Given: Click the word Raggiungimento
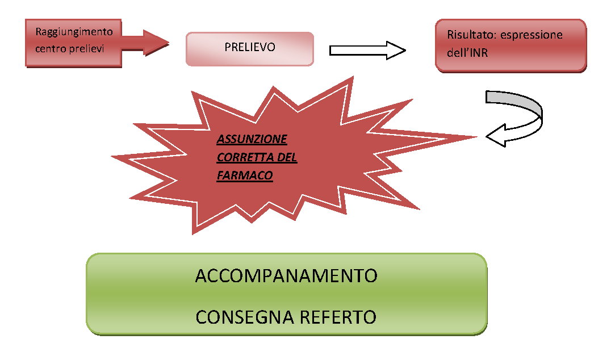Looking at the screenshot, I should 74,32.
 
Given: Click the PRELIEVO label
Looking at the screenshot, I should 249,48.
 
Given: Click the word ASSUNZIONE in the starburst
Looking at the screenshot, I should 252,139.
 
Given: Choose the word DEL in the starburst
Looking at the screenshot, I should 287,157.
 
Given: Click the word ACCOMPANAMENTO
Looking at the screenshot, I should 286,276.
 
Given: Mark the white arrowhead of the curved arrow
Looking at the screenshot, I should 497,137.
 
